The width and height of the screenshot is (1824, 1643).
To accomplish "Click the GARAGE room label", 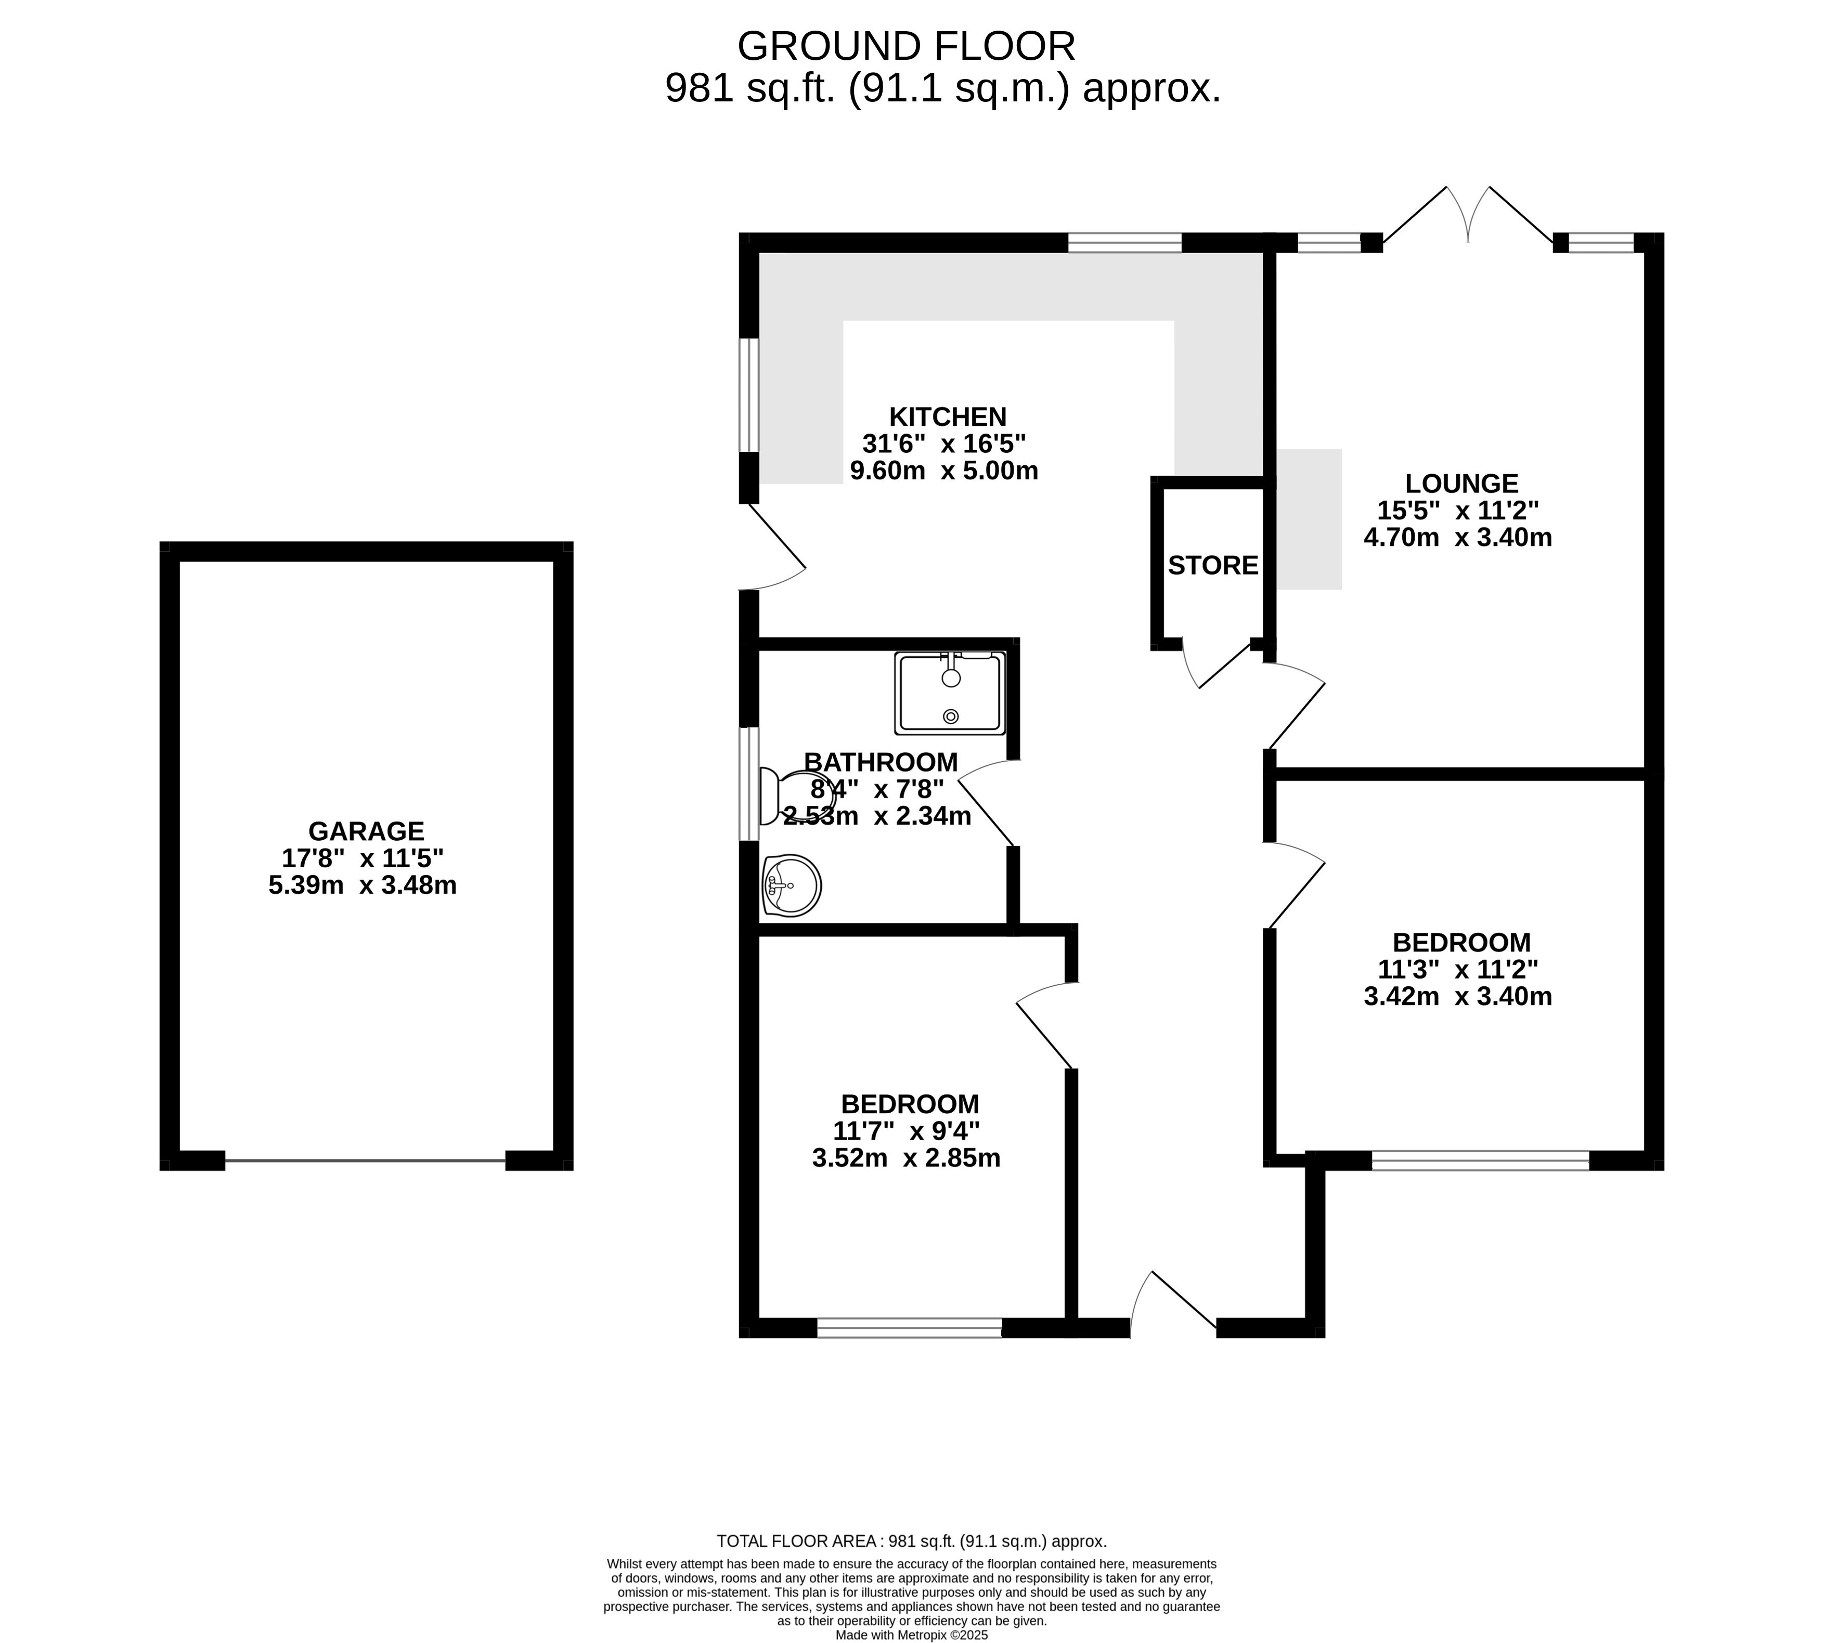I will point(366,830).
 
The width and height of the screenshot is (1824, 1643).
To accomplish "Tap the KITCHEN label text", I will point(947,417).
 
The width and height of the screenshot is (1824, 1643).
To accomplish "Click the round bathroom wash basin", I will point(792,885).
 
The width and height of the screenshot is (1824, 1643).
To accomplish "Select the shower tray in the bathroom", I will point(950,693).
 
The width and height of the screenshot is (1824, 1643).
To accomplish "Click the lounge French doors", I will point(1468,217).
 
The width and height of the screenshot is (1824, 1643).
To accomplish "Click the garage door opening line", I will point(366,1161).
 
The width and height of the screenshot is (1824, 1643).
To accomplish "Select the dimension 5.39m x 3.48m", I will point(362,885).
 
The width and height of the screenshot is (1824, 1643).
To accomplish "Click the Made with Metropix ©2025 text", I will point(911,1635).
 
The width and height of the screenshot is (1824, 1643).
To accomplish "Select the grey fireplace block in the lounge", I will point(1309,519).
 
